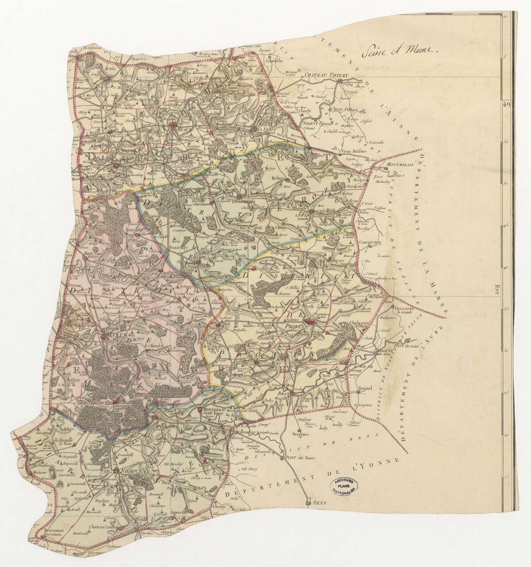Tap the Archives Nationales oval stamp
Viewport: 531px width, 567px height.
(346, 486)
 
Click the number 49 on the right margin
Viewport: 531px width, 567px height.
(507, 104)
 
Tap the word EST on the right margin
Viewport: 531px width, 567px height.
(497, 289)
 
